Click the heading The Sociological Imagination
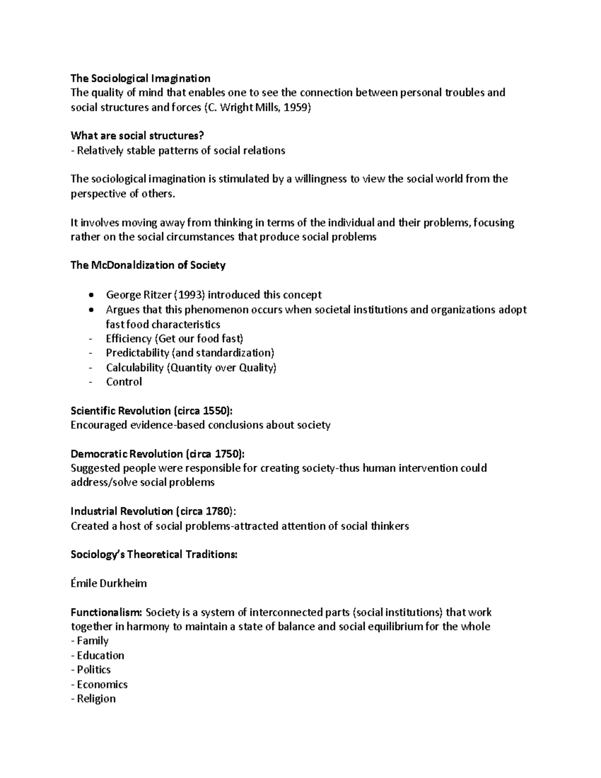coord(140,78)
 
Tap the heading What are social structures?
coord(137,136)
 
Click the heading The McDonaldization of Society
coord(148,266)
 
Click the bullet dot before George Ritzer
coord(90,295)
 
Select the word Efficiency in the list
coord(129,339)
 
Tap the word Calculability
coord(135,367)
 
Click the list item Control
coord(124,382)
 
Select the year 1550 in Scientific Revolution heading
coord(215,411)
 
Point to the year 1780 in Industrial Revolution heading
coord(217,511)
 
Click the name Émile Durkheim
coord(109,583)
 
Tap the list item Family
coord(93,641)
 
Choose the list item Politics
coord(94,670)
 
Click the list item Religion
coord(96,698)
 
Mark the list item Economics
coord(102,684)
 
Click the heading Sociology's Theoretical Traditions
coord(154,555)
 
